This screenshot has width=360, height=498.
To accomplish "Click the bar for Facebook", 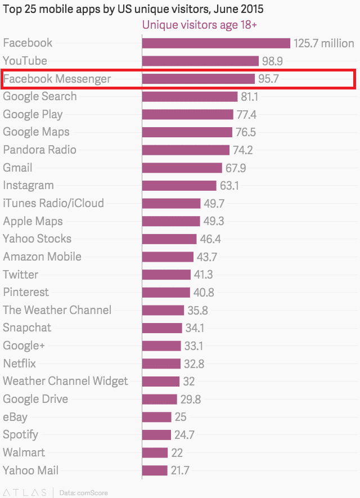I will coord(216,43).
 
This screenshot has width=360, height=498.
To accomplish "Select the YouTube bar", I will coord(200,61).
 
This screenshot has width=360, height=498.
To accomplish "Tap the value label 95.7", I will coord(268,79).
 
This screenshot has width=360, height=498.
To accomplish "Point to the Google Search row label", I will coord(40,96).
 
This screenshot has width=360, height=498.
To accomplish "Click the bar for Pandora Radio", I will coord(186,150).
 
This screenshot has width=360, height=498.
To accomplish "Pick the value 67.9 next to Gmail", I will coord(235,168).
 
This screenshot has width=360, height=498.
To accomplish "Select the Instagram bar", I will coord(179,186).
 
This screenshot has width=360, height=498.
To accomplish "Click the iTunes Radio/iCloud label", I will coord(53,203).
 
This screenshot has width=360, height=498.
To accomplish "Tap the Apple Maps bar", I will coord(171,221).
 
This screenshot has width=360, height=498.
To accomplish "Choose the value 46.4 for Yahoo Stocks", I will coord(210,239).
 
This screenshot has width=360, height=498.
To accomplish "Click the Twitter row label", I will coord(21,275).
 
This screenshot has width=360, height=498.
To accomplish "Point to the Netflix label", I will coord(20,364).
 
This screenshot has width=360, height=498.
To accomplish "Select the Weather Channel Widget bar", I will coord(160,382).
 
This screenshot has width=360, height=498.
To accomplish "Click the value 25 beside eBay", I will coord(180,417).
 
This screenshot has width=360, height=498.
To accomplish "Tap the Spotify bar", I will coord(156,435).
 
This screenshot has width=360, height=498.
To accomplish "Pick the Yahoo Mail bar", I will coord(155,470).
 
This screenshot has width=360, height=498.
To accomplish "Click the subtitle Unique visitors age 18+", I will coord(200,25).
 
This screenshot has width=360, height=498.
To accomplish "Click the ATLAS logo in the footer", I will coord(25,493).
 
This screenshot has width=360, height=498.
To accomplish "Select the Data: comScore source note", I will coord(83,493).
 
